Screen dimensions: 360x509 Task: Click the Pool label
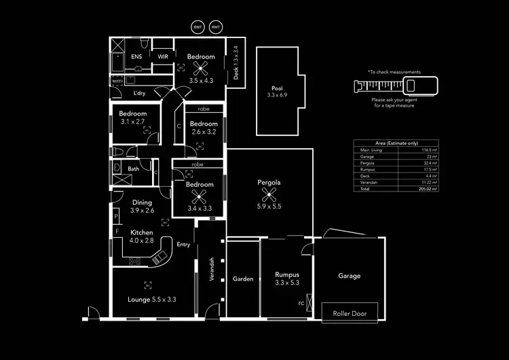(x=276, y=88)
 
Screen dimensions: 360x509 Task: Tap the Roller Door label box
(x=350, y=314)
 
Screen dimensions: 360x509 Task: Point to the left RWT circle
(x=198, y=26)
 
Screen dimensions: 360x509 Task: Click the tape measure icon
(x=396, y=86)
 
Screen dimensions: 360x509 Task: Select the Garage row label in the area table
(x=366, y=156)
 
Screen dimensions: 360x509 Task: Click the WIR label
(x=163, y=56)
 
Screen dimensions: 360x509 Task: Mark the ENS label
(x=136, y=56)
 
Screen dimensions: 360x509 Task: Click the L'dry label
(x=140, y=93)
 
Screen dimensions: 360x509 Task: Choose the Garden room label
(x=243, y=278)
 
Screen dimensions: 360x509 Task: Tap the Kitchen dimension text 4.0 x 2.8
(x=143, y=240)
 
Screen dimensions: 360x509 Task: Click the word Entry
(x=184, y=245)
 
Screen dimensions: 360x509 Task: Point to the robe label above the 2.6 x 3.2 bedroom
(x=204, y=109)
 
